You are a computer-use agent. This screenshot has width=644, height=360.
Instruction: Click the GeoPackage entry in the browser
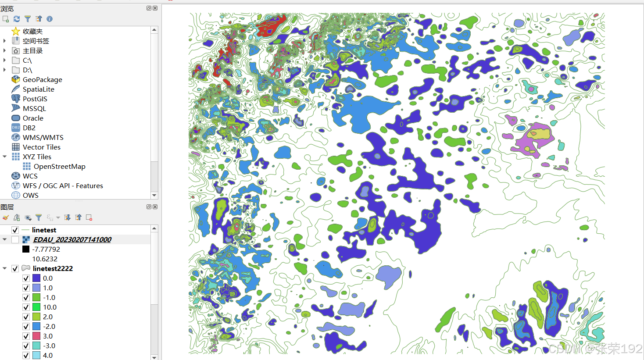point(42,79)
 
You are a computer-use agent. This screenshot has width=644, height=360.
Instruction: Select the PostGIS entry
point(35,99)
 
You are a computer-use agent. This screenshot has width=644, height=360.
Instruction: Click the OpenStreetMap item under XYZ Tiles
point(59,166)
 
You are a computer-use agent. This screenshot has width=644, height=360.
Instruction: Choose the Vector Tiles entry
point(41,147)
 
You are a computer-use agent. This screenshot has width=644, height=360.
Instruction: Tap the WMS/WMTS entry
point(43,137)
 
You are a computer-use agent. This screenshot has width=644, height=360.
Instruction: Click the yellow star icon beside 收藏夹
point(16,31)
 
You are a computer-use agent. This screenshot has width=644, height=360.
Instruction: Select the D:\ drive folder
point(27,70)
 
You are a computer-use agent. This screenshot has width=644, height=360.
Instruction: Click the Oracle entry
point(33,118)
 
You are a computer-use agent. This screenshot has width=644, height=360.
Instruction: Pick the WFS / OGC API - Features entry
point(63,185)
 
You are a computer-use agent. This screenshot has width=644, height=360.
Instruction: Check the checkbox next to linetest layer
point(15,230)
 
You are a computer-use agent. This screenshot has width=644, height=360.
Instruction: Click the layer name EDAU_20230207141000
point(72,239)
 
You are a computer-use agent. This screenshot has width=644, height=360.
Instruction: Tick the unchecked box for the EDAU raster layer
point(15,239)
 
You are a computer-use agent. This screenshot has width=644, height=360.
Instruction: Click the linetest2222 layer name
point(53,268)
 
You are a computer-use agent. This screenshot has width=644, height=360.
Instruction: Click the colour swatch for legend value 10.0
point(36,307)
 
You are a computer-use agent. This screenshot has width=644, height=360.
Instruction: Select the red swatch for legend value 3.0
point(36,336)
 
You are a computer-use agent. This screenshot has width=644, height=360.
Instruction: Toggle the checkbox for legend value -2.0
point(26,326)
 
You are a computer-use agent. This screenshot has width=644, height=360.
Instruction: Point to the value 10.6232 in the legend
point(45,259)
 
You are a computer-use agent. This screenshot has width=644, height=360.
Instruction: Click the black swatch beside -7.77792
point(26,249)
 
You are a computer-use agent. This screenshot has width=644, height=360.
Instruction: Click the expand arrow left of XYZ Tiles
point(5,157)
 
